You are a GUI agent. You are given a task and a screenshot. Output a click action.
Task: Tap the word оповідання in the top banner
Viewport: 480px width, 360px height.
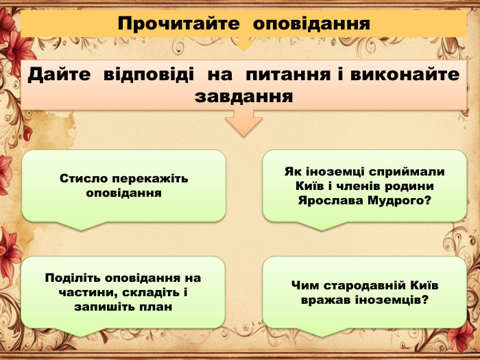tap(312, 24)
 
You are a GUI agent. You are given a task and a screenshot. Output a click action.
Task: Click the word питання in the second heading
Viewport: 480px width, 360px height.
tap(289, 75)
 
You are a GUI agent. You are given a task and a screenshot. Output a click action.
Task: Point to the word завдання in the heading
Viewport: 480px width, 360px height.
tap(243, 97)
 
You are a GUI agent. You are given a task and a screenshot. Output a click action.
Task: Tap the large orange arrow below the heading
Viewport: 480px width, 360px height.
tap(243, 124)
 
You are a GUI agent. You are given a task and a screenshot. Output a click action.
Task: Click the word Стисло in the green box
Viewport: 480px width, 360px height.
tap(81, 178)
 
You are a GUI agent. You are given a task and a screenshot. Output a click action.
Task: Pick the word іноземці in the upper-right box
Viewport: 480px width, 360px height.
tap(332, 171)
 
